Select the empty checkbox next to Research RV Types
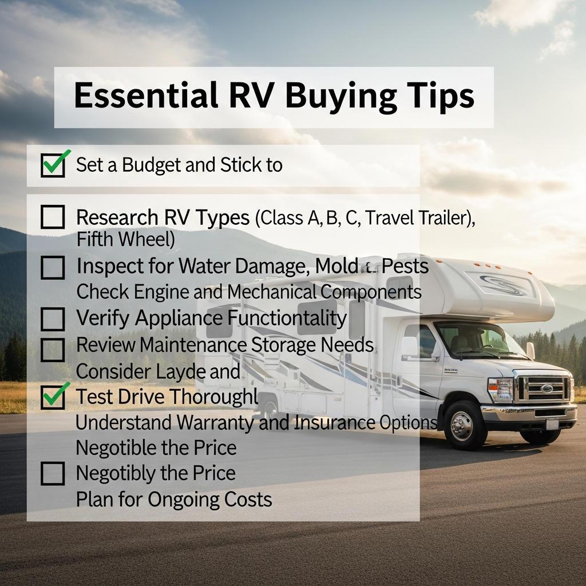coord(53,217)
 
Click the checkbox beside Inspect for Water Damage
coord(53,267)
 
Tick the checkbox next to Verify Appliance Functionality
coord(53,319)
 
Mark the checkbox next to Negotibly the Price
coord(53,473)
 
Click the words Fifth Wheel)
coord(125,240)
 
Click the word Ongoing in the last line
coord(184,499)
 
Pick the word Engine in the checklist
coord(160,292)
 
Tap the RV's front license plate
coord(552,424)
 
